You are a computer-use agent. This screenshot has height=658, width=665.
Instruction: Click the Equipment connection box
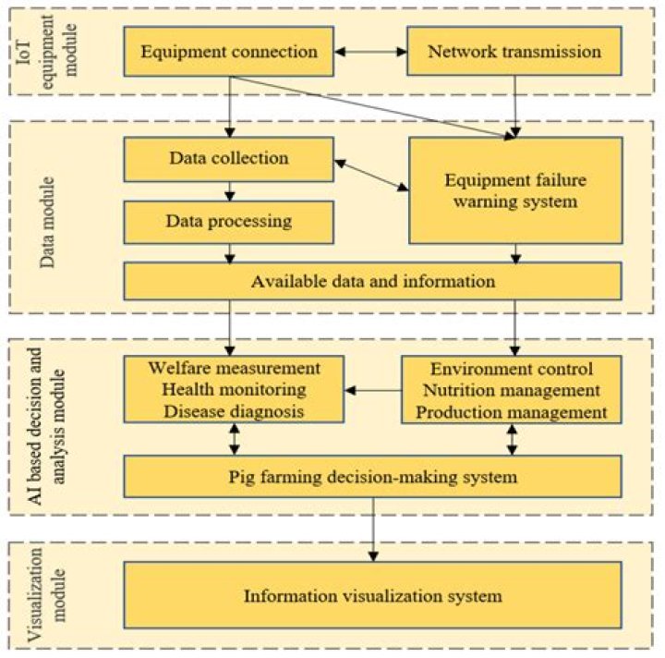pyautogui.click(x=230, y=52)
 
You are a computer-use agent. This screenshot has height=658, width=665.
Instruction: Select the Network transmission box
pyautogui.click(x=514, y=52)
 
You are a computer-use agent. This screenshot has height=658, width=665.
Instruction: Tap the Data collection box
pyautogui.click(x=228, y=158)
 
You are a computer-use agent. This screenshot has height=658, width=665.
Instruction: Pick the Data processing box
pyautogui.click(x=228, y=222)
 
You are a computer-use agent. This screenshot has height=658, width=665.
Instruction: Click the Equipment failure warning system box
pyautogui.click(x=515, y=188)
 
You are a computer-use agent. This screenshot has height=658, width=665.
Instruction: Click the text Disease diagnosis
pyautogui.click(x=234, y=411)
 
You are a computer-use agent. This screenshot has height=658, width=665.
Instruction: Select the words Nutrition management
pyautogui.click(x=511, y=390)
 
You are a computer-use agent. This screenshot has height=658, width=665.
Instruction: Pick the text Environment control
pyautogui.click(x=511, y=369)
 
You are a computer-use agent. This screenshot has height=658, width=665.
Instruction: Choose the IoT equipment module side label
pyautogui.click(x=38, y=53)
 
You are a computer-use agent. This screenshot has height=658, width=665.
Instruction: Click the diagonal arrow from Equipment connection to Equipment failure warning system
pyautogui.click(x=369, y=106)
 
